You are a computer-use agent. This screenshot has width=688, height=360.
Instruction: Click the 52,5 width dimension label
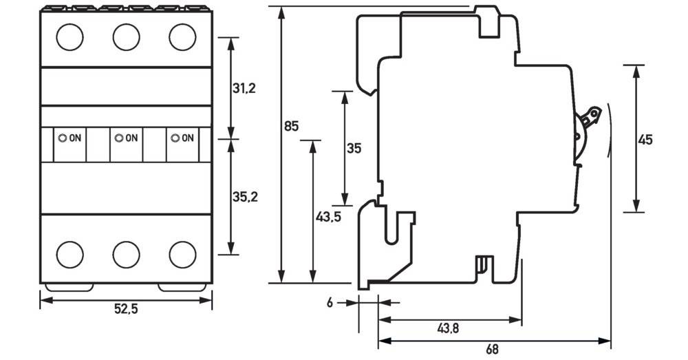click(x=125, y=310)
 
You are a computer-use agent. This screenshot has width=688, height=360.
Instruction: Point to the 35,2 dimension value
click(x=244, y=198)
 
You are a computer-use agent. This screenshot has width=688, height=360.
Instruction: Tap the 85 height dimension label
click(x=291, y=126)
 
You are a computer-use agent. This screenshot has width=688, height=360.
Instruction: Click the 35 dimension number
click(x=354, y=148)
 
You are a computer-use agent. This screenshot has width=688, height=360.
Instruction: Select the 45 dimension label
click(x=645, y=140)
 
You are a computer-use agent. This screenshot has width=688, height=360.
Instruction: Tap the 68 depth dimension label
click(x=492, y=350)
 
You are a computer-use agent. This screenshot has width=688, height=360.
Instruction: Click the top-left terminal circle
click(x=69, y=36)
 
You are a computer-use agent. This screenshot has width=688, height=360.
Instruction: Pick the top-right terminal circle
click(x=182, y=36)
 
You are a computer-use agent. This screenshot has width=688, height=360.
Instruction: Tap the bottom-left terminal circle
click(x=69, y=254)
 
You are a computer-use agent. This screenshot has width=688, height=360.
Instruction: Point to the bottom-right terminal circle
click(x=182, y=254)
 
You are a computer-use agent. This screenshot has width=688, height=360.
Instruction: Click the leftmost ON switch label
click(x=70, y=138)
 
